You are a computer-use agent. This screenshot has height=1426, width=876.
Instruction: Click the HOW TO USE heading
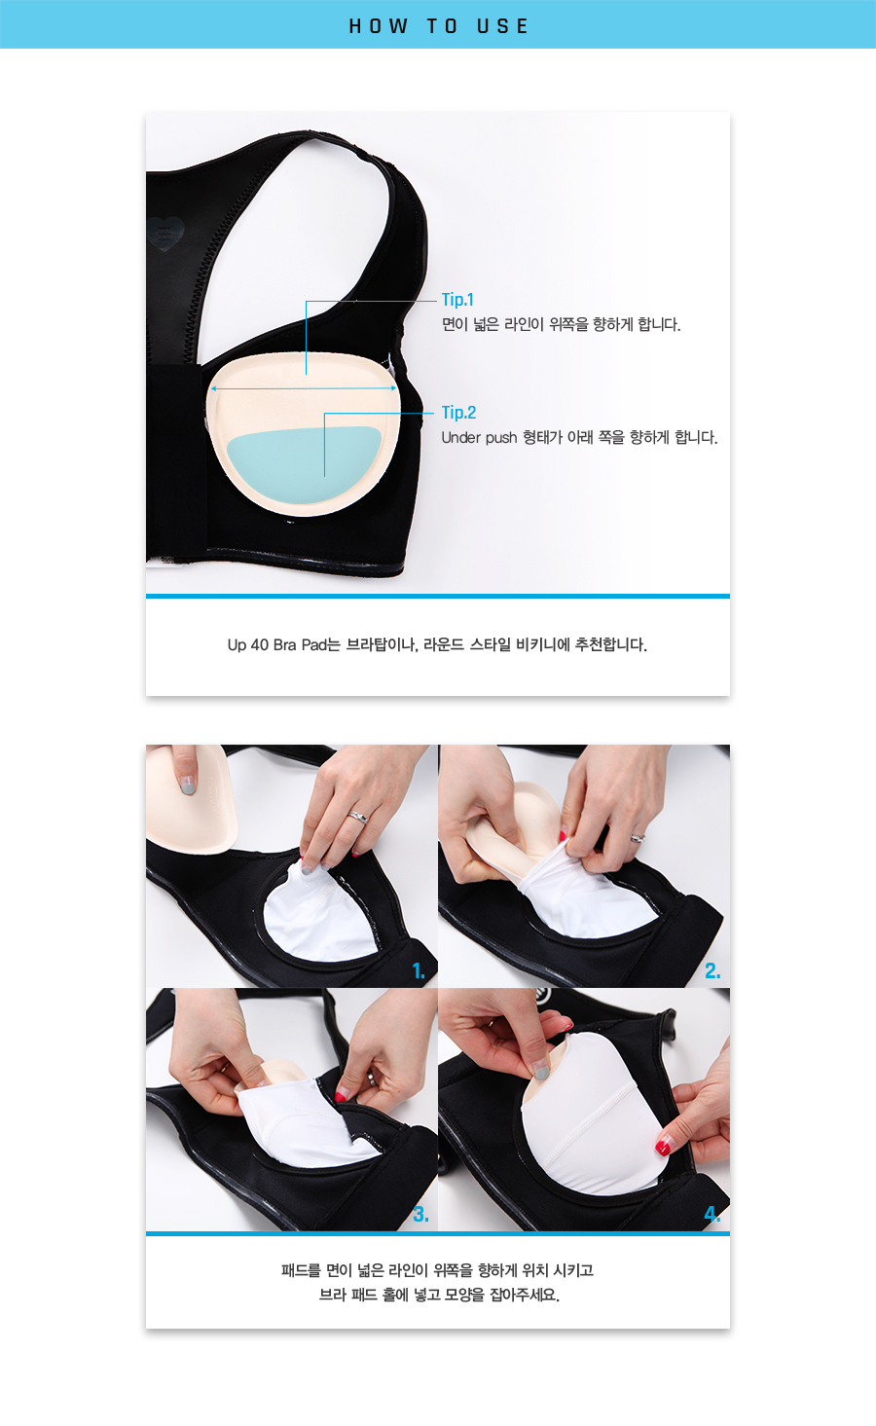(439, 26)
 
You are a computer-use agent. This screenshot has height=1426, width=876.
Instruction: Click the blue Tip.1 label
(457, 299)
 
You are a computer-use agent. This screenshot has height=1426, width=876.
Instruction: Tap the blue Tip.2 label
(459, 413)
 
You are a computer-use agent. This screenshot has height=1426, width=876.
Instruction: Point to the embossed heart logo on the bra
(164, 233)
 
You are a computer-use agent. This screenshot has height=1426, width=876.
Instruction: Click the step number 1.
(419, 970)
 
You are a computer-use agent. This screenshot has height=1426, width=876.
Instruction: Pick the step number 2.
(712, 970)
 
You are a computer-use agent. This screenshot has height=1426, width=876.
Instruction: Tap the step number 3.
(420, 1214)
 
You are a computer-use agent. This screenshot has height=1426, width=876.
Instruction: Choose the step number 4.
(712, 1214)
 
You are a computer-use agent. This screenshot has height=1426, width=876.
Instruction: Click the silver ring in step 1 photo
(358, 816)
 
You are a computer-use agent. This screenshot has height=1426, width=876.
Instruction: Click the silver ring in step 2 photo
(638, 838)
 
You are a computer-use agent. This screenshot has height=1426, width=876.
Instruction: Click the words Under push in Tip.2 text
(479, 438)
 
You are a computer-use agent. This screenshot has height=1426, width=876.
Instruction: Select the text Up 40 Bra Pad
(277, 645)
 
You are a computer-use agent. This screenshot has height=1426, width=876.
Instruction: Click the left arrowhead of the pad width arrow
(213, 388)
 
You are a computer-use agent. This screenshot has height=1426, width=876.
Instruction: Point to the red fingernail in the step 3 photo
(342, 1096)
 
